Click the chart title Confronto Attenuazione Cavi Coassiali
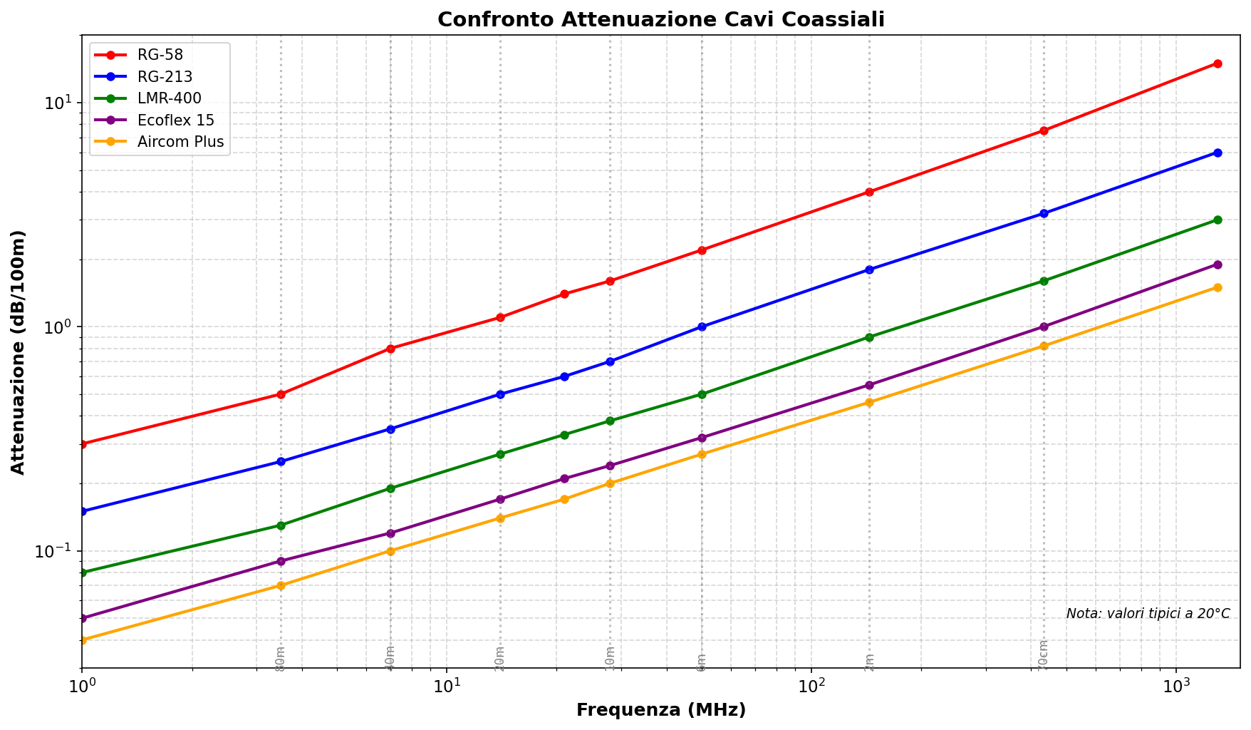[x=660, y=19]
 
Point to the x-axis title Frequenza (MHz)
[x=660, y=710]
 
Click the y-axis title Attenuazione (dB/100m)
[x=19, y=352]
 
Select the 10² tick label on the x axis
[x=811, y=687]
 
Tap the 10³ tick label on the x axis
[x=1176, y=687]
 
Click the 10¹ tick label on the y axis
[x=61, y=103]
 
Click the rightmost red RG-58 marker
[x=1218, y=63]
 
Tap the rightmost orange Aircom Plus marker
[x=1218, y=287]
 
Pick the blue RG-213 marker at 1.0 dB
[x=702, y=327]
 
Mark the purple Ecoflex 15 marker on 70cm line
[x=1044, y=327]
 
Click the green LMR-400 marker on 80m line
[x=281, y=525]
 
